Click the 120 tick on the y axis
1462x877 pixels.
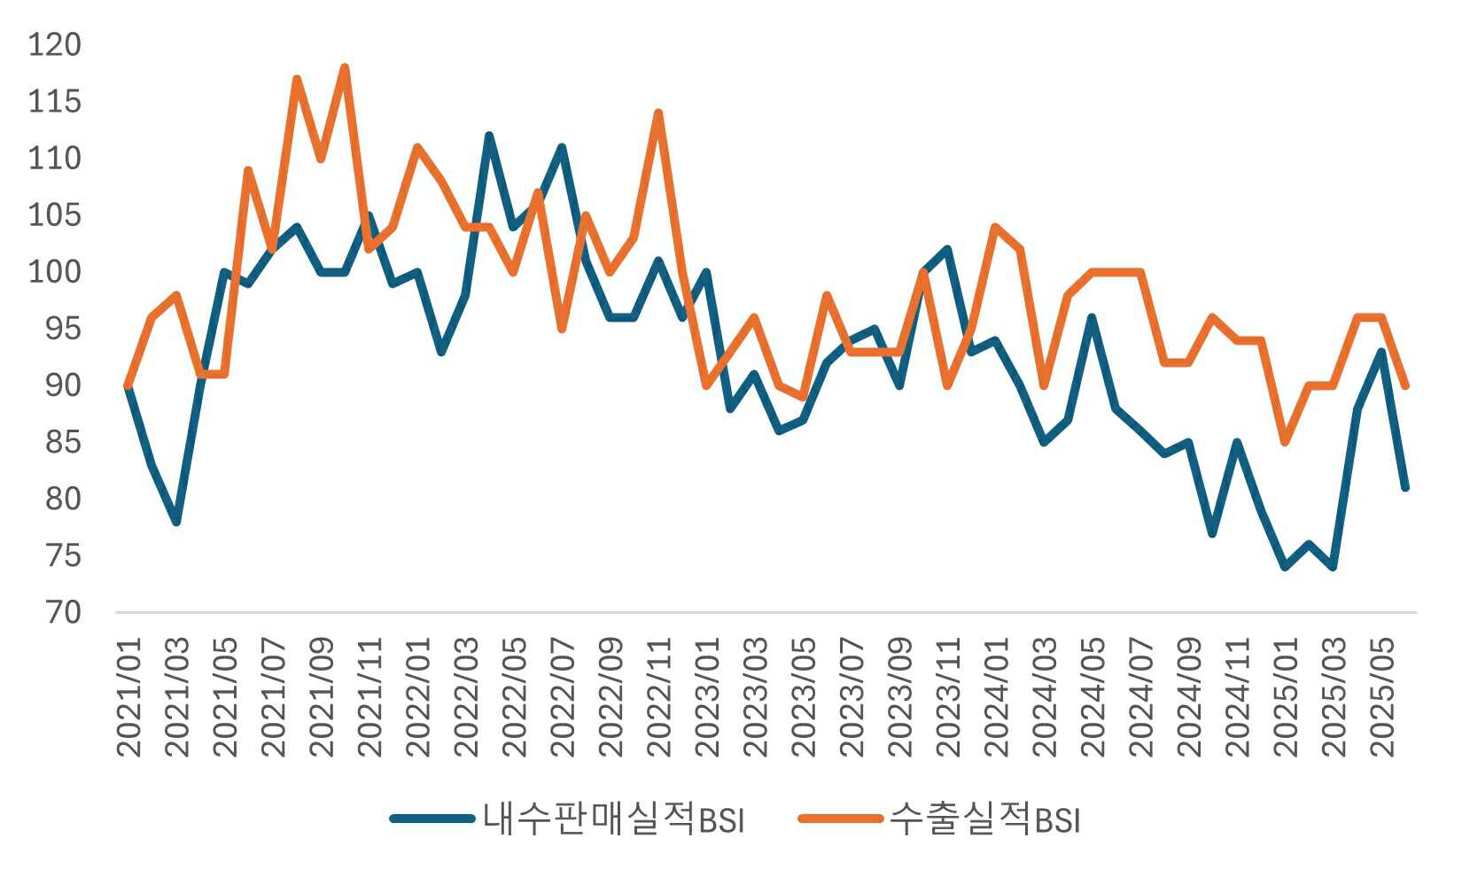54,44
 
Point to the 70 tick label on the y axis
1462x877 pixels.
63,612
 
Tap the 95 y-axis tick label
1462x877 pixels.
63,329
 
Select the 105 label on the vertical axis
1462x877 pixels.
54,215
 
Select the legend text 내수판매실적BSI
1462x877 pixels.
613,819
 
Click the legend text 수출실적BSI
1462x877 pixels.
984,819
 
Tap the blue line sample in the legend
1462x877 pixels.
432,819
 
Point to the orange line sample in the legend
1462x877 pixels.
840,819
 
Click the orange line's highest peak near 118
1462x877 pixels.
345,67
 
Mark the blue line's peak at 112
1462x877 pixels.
489,136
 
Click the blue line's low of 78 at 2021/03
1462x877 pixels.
176,522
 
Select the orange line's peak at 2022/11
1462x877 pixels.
658,113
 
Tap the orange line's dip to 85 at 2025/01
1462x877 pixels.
1285,442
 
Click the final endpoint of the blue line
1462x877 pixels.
1405,487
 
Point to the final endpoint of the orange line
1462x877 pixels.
1405,385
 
